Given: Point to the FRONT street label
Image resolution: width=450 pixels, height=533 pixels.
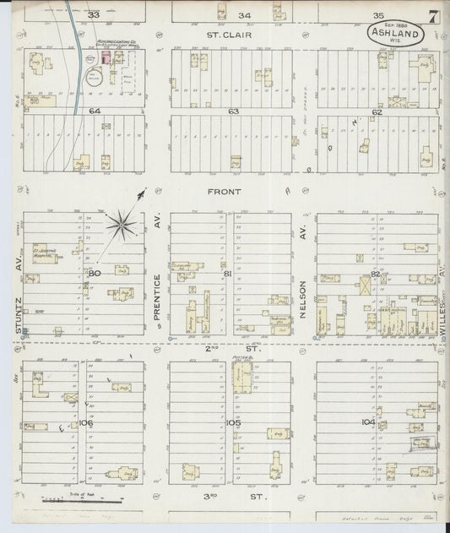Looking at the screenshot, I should pyautogui.click(x=227, y=192).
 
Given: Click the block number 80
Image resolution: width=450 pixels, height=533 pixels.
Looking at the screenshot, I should pyautogui.click(x=93, y=273).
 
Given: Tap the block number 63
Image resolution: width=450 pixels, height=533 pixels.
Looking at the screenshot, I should pyautogui.click(x=233, y=111).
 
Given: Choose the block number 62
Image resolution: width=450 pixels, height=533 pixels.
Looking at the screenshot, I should pyautogui.click(x=377, y=111).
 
